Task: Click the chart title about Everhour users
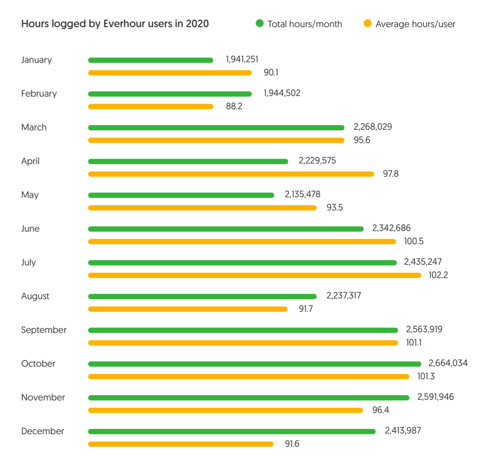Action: click(115, 24)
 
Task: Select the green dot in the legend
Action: click(259, 23)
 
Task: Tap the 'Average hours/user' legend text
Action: click(415, 24)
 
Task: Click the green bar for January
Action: click(150, 60)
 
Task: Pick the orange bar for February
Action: click(150, 107)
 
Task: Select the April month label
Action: click(30, 161)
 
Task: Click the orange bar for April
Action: click(231, 174)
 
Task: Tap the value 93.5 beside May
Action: click(334, 208)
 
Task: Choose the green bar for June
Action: click(226, 229)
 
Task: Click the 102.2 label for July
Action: click(438, 275)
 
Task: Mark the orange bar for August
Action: click(188, 309)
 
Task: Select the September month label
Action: click(44, 330)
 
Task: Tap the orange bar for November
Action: click(225, 410)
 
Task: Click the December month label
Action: click(42, 431)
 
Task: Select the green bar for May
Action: click(181, 195)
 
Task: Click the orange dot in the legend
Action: click(368, 23)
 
